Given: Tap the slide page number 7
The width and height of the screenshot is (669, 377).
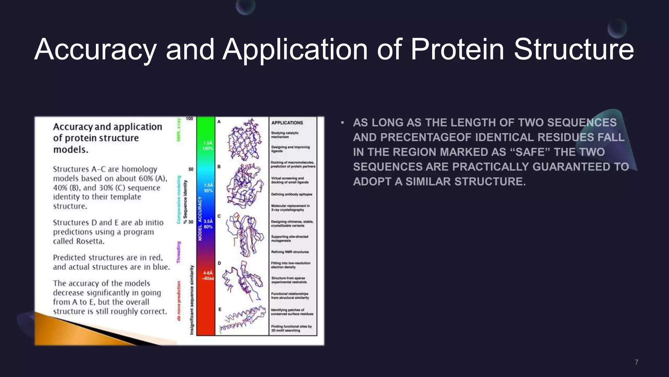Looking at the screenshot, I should pos(636,362).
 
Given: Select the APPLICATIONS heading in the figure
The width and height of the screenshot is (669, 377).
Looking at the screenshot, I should pos(287,123).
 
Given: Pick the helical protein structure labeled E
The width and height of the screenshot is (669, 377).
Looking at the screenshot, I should pos(243,319).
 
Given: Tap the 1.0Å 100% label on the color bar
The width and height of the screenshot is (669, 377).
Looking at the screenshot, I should pos(208,146).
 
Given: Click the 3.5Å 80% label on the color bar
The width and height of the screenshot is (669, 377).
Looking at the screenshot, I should pos(208,224).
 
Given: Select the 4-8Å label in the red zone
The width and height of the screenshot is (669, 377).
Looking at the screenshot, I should pos(208,275).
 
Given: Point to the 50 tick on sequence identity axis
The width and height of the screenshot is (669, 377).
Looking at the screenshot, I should pos(191,169).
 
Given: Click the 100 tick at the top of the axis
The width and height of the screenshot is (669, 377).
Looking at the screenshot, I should pos(189,118).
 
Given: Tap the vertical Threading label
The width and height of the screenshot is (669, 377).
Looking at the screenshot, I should pos(179,252).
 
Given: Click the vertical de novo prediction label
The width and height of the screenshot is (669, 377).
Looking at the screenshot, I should pos(179,301).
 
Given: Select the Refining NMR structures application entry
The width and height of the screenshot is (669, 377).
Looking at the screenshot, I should pos(290,252).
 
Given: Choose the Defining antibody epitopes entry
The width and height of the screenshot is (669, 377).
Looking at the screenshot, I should pos(291,194).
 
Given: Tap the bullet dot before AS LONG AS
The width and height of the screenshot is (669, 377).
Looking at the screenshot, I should pos(342,123).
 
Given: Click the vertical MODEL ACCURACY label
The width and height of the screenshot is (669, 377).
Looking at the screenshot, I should pos(200,219).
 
